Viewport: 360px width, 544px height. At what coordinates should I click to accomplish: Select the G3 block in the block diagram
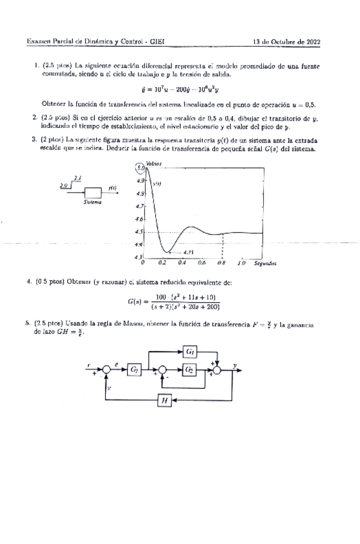click(191, 351)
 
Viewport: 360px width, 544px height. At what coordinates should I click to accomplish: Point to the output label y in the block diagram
click(235, 365)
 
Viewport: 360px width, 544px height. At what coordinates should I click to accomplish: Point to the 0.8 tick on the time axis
click(221, 262)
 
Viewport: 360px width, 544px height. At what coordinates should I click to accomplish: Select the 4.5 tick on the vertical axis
click(139, 232)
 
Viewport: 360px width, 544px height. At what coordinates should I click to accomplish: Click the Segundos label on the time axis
click(265, 262)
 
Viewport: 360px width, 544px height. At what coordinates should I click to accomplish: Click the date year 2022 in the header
click(311, 43)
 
